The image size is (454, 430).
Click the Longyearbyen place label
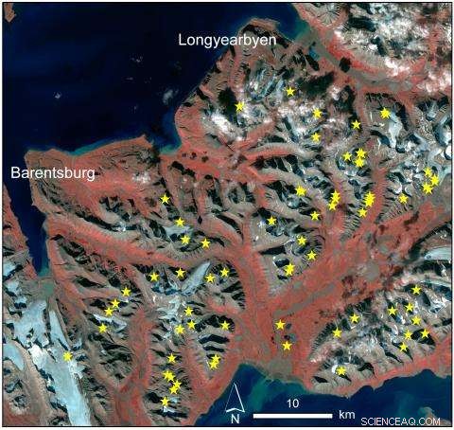click(234, 41)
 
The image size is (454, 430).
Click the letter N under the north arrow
click(235, 418)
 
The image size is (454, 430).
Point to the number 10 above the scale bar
click(293, 403)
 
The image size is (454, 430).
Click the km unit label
click(346, 415)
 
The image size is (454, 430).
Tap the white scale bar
click(292, 415)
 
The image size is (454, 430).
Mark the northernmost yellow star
click(289, 91)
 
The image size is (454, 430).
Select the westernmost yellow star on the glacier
click(67, 356)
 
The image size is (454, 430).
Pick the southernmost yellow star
click(166, 401)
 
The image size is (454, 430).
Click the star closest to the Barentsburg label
click(165, 199)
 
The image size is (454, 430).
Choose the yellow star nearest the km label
click(341, 370)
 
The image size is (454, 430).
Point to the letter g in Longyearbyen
click(220, 43)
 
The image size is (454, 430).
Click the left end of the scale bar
click(254, 415)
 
